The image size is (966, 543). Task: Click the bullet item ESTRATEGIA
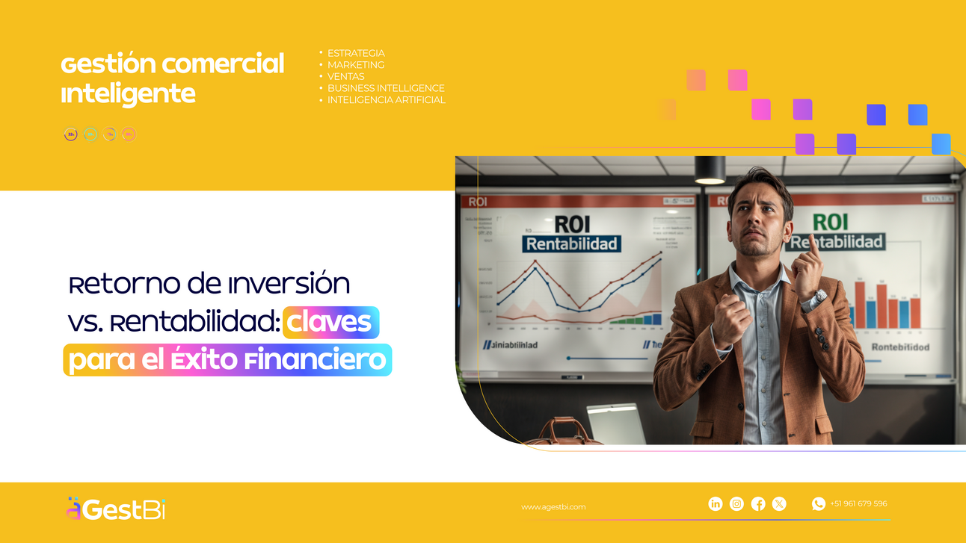point(356,53)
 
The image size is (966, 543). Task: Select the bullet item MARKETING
point(356,65)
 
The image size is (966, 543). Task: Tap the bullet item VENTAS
point(345,76)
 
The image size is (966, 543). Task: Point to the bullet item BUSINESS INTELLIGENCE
point(386,88)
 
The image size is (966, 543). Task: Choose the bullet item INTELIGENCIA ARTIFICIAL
point(386,100)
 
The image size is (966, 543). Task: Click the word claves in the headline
point(330,322)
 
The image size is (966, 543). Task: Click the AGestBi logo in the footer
point(115,509)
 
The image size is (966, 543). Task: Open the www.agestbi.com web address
point(553,507)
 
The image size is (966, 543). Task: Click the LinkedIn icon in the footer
point(716,504)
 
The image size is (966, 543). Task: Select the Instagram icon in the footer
point(736,504)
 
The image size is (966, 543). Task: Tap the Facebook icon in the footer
point(758,504)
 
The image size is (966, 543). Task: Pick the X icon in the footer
point(779,504)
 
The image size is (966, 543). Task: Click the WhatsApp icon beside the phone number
point(819,504)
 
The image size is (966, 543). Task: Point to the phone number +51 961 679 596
point(858,504)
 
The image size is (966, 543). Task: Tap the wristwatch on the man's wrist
point(818,299)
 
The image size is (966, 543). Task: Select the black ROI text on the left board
point(572,224)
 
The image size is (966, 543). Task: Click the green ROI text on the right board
point(830,222)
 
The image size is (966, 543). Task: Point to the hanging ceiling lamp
point(710,171)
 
